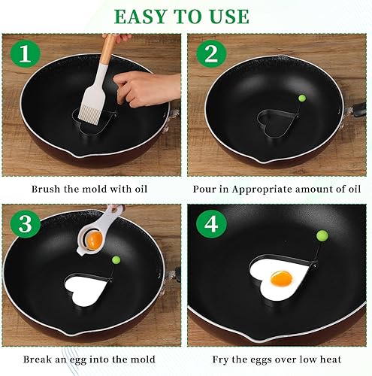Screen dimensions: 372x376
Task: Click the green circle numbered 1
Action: pyautogui.click(x=26, y=53)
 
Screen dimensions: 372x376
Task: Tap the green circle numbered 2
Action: pyautogui.click(x=211, y=53)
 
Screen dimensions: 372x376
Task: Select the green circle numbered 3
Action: pyautogui.click(x=26, y=223)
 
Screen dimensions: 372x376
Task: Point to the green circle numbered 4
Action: pyautogui.click(x=211, y=224)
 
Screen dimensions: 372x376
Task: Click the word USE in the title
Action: pyautogui.click(x=230, y=17)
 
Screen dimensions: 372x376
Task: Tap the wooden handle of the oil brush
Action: pyautogui.click(x=109, y=49)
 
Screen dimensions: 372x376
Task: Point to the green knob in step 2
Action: pyautogui.click(x=302, y=98)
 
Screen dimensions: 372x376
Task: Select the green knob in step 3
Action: pyautogui.click(x=116, y=259)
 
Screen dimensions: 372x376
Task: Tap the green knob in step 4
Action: pyautogui.click(x=322, y=235)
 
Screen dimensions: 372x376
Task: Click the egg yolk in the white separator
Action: pyautogui.click(x=95, y=239)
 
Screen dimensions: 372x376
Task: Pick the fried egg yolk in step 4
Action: pyautogui.click(x=282, y=278)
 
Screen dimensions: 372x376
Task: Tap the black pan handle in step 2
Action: pyautogui.click(x=358, y=110)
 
